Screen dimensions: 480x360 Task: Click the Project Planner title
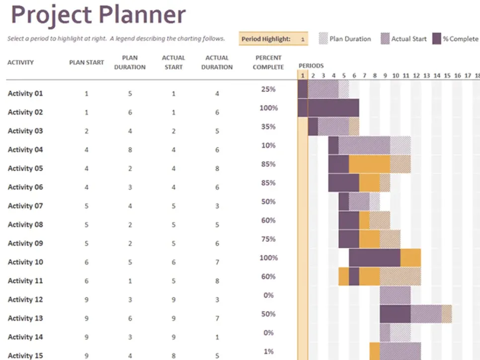(98, 15)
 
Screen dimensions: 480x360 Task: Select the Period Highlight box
(273, 39)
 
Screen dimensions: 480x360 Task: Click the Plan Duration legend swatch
(323, 39)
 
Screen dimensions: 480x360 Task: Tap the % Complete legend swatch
(437, 39)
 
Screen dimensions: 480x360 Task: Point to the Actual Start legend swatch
(385, 39)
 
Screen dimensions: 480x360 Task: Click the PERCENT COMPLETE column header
(268, 63)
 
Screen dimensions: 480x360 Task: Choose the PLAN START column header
(86, 63)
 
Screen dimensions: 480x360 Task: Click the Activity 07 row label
(25, 206)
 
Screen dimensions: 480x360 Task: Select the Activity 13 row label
(25, 318)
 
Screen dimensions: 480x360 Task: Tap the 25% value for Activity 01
(268, 89)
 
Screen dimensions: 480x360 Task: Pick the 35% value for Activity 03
(268, 127)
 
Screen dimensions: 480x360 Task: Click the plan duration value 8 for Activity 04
(130, 150)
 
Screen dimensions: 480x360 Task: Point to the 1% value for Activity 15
(268, 352)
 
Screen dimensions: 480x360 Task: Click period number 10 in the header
(396, 75)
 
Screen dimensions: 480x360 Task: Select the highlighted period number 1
(303, 75)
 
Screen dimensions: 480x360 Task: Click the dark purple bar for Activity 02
(328, 108)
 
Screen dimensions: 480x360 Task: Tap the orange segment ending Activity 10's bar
(410, 258)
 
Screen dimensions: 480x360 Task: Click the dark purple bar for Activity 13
(395, 314)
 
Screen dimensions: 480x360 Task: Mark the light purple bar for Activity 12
(395, 295)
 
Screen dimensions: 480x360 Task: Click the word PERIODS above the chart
(311, 66)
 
